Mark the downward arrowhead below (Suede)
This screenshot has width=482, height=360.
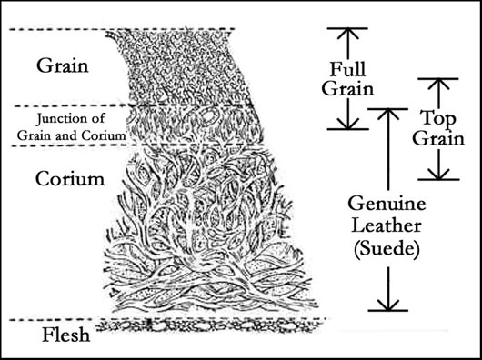coord(389,303)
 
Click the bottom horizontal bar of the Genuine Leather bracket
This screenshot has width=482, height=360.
coord(389,312)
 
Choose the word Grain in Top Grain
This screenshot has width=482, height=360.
coord(439,139)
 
